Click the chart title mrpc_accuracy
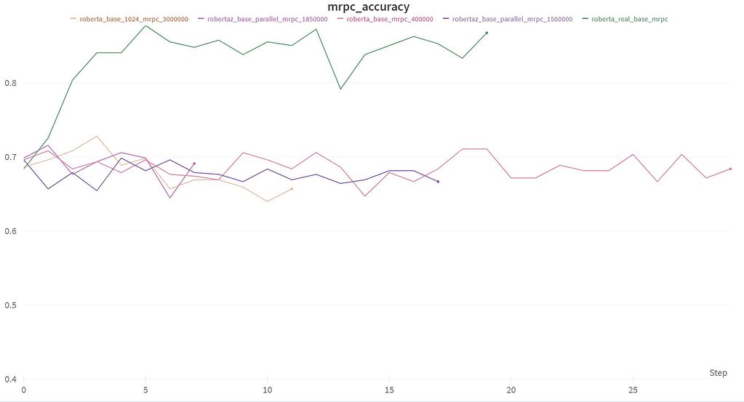[368, 7]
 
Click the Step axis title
[718, 373]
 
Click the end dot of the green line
[487, 33]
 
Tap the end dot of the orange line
[292, 189]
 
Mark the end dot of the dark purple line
[438, 182]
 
